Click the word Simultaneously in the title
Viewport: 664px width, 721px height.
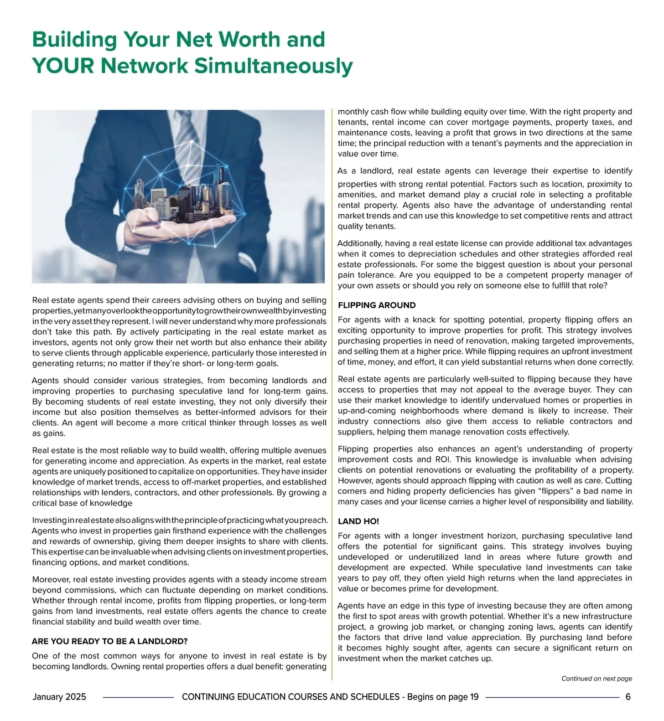273,66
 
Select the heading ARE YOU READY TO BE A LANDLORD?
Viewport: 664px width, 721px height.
110,641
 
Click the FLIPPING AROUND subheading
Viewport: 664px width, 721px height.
376,305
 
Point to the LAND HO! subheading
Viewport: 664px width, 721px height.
358,521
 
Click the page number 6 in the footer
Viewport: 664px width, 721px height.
628,697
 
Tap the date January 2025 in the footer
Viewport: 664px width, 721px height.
59,697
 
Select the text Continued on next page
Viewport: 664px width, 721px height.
596,678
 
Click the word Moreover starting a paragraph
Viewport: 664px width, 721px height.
51,580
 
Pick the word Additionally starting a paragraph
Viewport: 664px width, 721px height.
360,243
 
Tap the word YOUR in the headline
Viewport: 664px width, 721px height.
63,66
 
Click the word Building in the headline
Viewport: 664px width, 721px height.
74,40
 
